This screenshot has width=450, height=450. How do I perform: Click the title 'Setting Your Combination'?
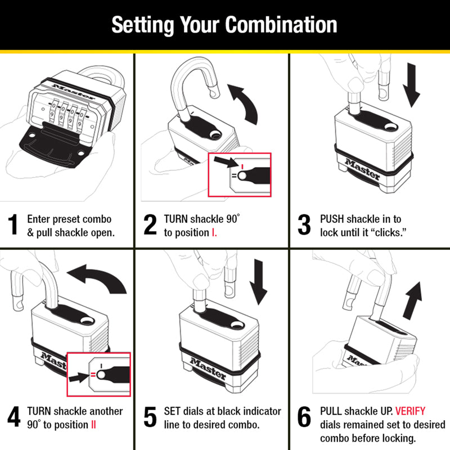click(224, 25)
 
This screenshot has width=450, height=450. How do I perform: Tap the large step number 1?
click(15, 225)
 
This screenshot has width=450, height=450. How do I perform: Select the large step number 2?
click(150, 225)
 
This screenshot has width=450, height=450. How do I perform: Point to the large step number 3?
click(304, 225)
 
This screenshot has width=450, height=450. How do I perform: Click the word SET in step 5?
click(173, 411)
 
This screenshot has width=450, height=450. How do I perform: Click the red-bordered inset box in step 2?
click(240, 174)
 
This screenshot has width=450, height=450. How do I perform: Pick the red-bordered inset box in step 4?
click(98, 373)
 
